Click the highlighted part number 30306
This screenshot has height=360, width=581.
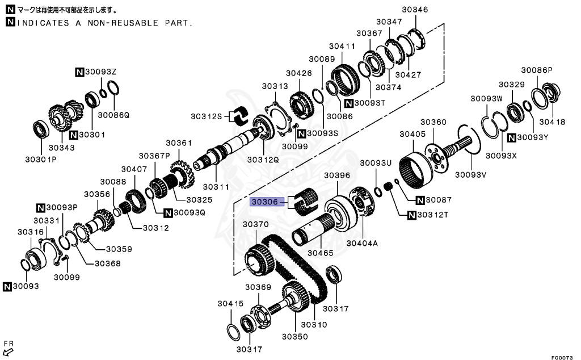click(x=266, y=201)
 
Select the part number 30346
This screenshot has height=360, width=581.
click(x=415, y=9)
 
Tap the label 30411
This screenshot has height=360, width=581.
click(x=342, y=46)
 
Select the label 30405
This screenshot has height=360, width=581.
click(x=412, y=134)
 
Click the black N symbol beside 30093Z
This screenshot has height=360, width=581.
click(x=79, y=72)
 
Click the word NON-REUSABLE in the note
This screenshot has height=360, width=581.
click(x=120, y=23)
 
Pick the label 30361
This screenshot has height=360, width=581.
click(x=179, y=143)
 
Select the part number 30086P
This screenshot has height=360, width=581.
click(x=536, y=70)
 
